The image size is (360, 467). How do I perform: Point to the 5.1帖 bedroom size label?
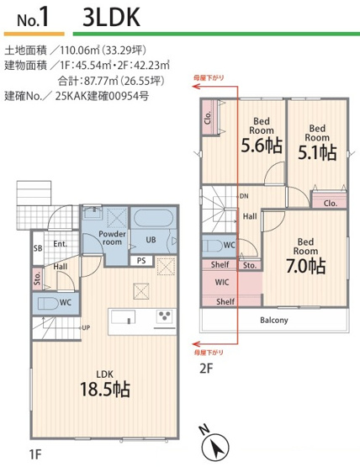coord(317,151)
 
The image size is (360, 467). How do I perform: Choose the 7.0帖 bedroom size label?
coord(305,265)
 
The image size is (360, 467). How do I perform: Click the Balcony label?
coord(273,320)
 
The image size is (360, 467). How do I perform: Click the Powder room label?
coord(112,239)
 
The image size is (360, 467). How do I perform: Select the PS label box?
coord(141,260)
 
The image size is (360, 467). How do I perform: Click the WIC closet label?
coord(223,283)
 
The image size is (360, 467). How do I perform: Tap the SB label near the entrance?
coord(38,248)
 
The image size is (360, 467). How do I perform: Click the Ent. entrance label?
coord(60,244)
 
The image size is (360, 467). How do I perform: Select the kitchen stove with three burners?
coord(164,317)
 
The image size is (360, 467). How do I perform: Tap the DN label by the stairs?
coord(243,196)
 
